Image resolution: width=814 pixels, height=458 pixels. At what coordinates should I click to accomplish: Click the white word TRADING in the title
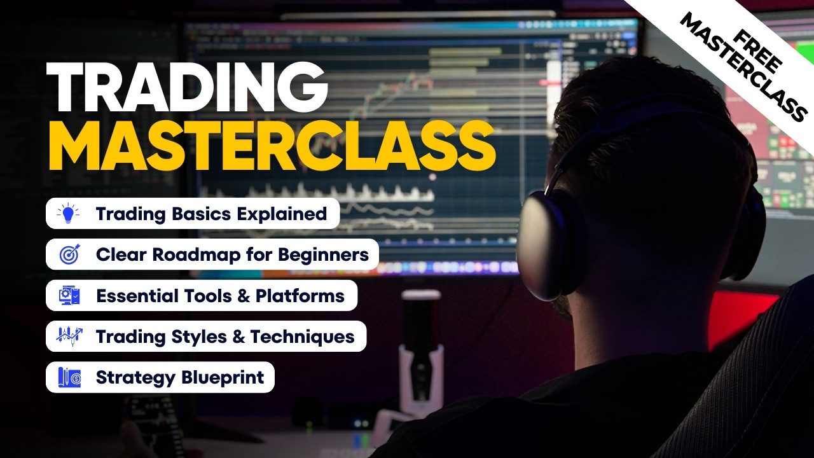[x=187, y=87]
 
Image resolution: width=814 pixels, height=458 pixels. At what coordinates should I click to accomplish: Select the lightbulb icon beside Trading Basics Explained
[x=68, y=213]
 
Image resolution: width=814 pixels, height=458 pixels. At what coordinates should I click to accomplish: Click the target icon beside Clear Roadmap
[x=69, y=254]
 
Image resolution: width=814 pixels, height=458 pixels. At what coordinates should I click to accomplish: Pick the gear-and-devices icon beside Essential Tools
[x=69, y=295]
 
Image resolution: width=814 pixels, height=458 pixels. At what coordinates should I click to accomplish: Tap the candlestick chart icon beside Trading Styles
[x=69, y=337]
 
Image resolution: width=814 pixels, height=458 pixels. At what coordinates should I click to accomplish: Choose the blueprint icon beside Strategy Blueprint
[x=69, y=377]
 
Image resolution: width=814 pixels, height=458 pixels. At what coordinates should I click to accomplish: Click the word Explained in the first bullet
[x=282, y=214]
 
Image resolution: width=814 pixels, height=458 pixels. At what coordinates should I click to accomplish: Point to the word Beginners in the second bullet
[x=324, y=255]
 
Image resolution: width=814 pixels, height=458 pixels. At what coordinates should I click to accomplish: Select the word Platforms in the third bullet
[x=300, y=296]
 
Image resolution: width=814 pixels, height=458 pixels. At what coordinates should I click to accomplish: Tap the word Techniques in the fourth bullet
[x=302, y=337]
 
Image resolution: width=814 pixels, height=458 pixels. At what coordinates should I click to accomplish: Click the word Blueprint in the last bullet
[x=223, y=378]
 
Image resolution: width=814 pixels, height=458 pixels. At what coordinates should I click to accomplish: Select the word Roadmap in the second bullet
[x=196, y=255]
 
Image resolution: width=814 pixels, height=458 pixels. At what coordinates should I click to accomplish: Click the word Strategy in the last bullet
[x=135, y=378]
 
